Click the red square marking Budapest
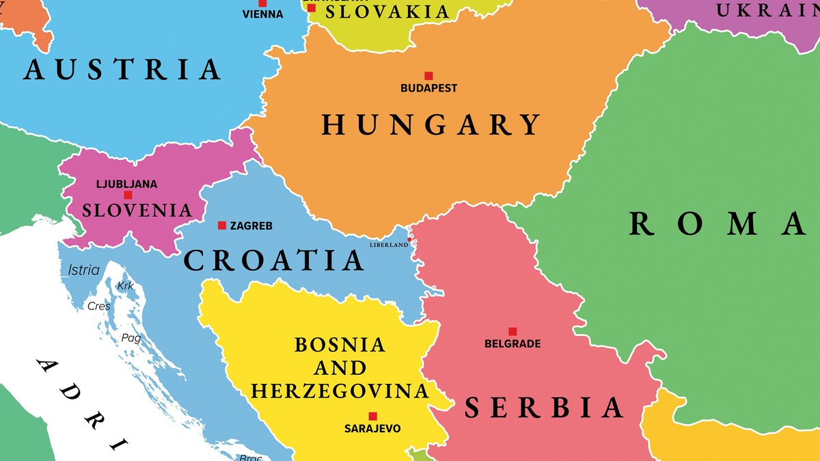coord(428,76)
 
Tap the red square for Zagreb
coord(222,225)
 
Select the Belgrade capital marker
coord(512,331)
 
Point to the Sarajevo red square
coord(372,416)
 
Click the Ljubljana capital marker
coord(128,195)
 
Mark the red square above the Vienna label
coord(262,3)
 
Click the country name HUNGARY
coord(432,125)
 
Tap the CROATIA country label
coord(274,260)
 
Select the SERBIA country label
coord(544,408)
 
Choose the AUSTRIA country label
coord(123,70)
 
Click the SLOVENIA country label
coord(137,210)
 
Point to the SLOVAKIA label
coord(387,12)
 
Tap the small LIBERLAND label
coord(389,245)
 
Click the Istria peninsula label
coord(83,270)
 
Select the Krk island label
coord(126,286)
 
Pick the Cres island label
coord(99,307)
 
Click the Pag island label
coord(131,337)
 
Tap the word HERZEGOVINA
coord(340,391)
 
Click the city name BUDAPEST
coord(428,88)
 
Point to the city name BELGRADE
coord(512,344)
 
